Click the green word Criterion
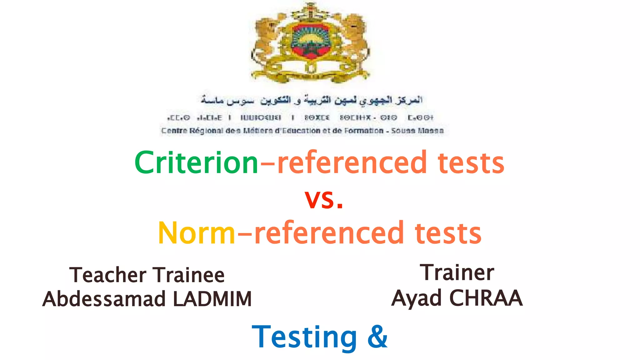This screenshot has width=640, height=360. (196, 162)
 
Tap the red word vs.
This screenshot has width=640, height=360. (324, 199)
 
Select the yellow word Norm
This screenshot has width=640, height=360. (196, 233)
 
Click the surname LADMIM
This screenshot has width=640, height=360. (212, 299)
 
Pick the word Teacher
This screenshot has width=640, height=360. (108, 275)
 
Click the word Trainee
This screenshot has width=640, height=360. (190, 275)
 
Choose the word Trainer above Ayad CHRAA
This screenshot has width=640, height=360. (457, 272)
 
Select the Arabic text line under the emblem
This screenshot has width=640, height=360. (311, 100)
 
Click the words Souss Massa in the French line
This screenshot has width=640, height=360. (417, 131)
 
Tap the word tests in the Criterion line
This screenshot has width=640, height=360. (471, 162)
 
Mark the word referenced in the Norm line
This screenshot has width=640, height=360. (329, 233)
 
